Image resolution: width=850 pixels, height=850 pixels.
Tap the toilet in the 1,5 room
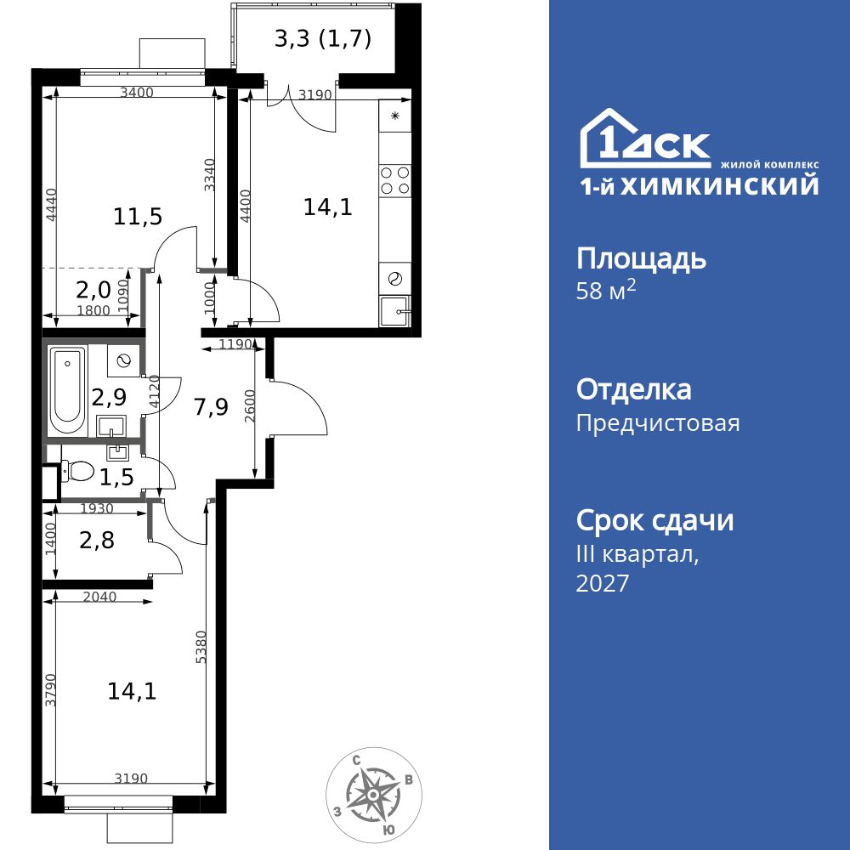(78, 469)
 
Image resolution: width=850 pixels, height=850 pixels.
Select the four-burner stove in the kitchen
(395, 179)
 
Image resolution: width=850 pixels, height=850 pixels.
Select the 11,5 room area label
(138, 217)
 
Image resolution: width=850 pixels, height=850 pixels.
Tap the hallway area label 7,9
(211, 407)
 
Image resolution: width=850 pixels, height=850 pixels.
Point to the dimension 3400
(137, 93)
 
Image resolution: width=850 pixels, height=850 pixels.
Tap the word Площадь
(641, 258)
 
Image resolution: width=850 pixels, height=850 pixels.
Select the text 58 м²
(606, 291)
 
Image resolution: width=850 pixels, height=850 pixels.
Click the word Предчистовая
(658, 422)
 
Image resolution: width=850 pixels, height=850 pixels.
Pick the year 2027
(603, 583)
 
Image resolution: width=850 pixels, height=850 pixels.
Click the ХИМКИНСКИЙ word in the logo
(720, 185)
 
